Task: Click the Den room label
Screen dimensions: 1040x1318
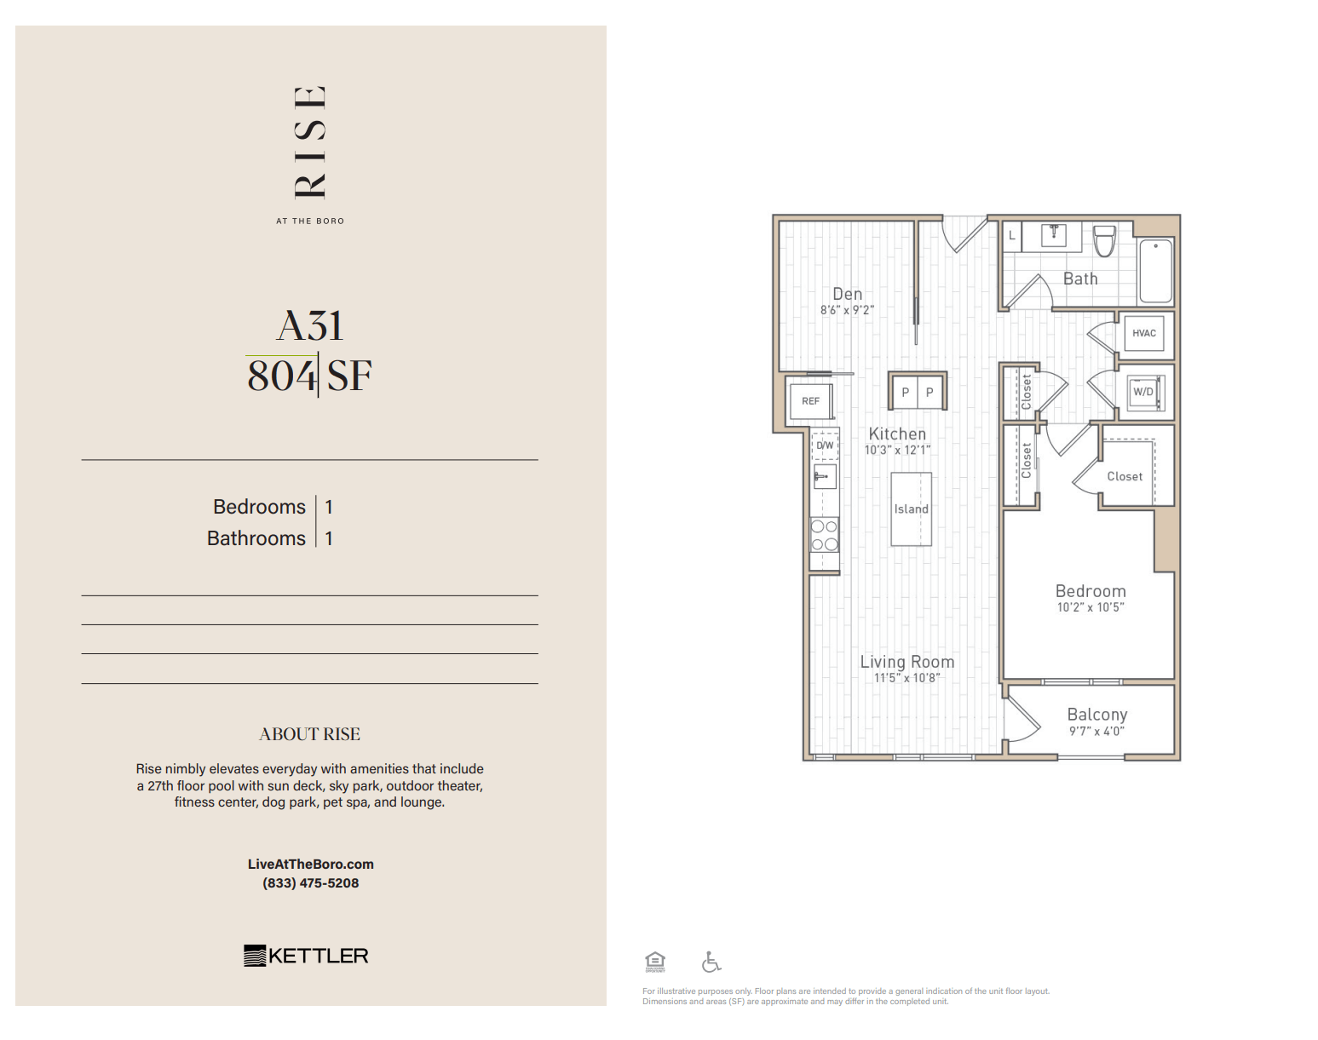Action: [x=847, y=294]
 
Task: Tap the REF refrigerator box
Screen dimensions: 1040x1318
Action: [x=810, y=400]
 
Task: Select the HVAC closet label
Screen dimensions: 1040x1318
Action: [x=1143, y=333]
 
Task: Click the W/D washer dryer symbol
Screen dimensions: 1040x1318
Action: [x=1142, y=393]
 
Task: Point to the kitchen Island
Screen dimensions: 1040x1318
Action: [x=911, y=509]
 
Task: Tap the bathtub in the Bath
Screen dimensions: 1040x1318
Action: [x=1155, y=270]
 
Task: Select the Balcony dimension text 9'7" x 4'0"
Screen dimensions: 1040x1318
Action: [x=1096, y=731]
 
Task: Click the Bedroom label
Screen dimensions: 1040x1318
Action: [x=1091, y=591]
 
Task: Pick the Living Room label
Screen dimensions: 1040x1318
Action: [x=906, y=662]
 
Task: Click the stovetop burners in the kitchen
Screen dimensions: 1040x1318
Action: [x=824, y=535]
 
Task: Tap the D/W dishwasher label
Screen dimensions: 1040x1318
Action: [x=825, y=445]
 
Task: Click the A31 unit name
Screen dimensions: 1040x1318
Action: [x=310, y=325]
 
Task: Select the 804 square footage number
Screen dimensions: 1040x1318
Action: [x=281, y=376]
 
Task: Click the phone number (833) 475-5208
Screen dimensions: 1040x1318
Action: [x=310, y=883]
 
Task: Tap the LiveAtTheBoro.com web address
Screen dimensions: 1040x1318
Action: [x=310, y=864]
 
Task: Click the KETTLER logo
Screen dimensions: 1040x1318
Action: [x=306, y=956]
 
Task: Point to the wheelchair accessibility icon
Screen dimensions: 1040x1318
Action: [x=711, y=962]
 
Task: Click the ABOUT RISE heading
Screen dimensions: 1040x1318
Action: [x=309, y=734]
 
